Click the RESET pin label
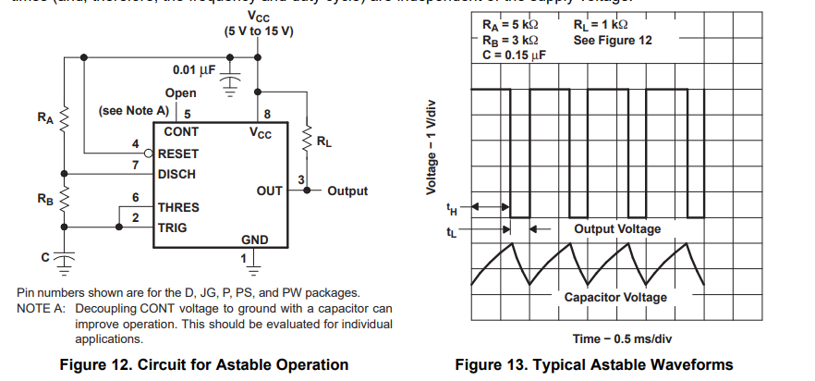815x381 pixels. coord(178,154)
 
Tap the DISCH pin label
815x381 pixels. coord(176,174)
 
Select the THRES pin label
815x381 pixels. coord(178,208)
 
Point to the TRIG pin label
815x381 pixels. coord(173,227)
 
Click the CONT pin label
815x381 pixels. coord(181,132)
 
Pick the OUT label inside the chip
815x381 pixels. coord(269,190)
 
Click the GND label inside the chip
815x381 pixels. coord(255,240)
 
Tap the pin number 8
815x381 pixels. coord(267,115)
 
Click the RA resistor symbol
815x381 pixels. coord(65,118)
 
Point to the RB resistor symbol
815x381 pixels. coord(65,198)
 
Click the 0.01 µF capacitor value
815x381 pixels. coord(194,70)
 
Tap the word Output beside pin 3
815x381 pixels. coord(347,191)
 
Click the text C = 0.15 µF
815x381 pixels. coord(514,55)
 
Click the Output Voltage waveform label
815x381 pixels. coord(617,228)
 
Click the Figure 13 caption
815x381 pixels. coord(593,364)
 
